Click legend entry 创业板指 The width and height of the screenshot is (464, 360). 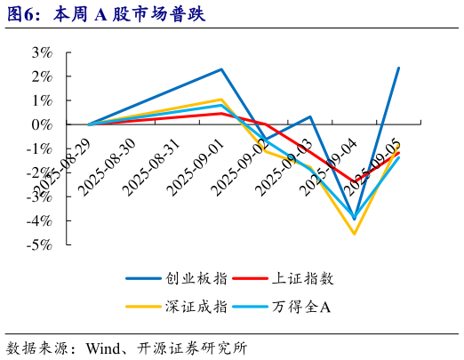[x=196, y=278]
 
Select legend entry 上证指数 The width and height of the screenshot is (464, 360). [x=303, y=278]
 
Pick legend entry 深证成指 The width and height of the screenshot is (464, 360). [x=196, y=307]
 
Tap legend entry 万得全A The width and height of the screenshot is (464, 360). [x=301, y=307]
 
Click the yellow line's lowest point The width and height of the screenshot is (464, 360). [x=355, y=234]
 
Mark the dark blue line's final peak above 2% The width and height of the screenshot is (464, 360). [x=398, y=68]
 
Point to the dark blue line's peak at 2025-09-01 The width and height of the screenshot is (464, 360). [x=221, y=69]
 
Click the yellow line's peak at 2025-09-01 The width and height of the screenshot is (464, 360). [x=221, y=100]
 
